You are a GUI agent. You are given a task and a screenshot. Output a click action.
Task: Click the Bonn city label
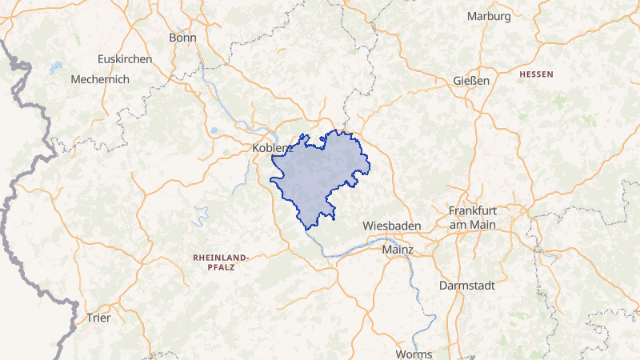[x=182, y=38]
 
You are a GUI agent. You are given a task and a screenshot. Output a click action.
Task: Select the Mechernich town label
[x=99, y=79]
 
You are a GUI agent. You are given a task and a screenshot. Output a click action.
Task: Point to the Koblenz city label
[x=272, y=148]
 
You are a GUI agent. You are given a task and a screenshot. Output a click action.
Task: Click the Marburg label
[x=489, y=16]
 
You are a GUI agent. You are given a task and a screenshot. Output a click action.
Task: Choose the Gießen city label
[x=470, y=81]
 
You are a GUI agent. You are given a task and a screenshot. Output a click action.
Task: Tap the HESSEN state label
[x=536, y=74]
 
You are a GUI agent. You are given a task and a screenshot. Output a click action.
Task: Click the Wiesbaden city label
[x=391, y=226]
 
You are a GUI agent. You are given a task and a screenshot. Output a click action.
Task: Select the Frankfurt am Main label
[x=472, y=217]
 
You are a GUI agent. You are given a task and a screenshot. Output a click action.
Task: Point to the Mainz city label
[x=398, y=250]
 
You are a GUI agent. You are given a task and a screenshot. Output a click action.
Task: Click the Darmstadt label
[x=467, y=285]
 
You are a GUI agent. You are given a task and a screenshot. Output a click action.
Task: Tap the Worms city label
[x=413, y=354]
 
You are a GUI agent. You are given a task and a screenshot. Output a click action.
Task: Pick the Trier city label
[x=98, y=318]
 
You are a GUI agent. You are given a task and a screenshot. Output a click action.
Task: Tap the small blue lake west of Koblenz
[x=214, y=130]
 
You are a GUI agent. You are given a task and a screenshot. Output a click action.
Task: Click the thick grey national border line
[x=24, y=200]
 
